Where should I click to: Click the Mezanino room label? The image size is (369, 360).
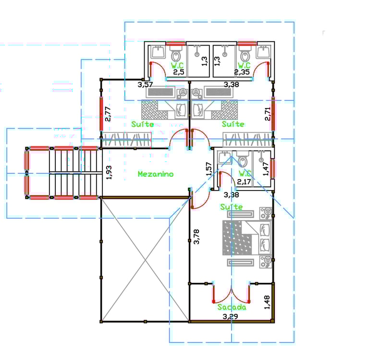coord(156,174)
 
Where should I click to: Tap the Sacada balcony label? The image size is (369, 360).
coord(232,307)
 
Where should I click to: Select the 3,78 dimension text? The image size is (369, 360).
coord(196,237)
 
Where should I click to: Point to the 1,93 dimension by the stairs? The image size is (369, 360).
coord(109,173)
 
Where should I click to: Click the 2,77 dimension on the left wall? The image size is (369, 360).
coord(108,114)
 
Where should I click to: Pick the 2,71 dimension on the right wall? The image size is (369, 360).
coord(268,114)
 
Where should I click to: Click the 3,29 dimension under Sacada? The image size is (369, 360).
coord(231,316)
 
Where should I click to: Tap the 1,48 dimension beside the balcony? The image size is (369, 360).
coord(267,302)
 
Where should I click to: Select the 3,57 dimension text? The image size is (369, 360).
coord(145,84)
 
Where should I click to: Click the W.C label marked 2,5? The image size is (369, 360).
coord(177,65)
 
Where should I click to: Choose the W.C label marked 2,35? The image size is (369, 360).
coord(244,65)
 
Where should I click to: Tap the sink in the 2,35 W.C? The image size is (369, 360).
coord(264,52)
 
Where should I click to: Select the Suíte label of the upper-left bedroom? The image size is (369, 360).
coord(142,124)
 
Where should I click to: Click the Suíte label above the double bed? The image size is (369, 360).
coord(231,207)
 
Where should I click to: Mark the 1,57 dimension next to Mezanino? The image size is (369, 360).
coord(209,169)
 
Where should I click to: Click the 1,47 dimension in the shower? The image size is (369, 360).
coord(265,169)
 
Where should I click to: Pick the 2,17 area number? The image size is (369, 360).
coord(244,181)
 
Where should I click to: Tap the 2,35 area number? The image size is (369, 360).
coord(242,72)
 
